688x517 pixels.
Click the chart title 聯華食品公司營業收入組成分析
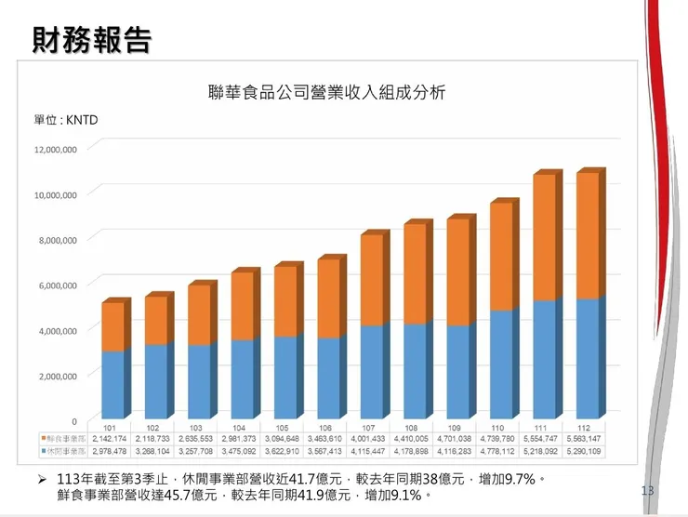point(327,92)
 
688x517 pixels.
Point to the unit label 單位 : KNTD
point(66,121)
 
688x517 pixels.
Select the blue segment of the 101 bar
point(112,383)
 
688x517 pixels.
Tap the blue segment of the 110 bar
point(501,363)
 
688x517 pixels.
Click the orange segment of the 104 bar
point(241,306)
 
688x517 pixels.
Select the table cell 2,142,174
point(110,438)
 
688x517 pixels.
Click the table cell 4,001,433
point(369,438)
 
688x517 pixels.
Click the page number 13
point(648,490)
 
